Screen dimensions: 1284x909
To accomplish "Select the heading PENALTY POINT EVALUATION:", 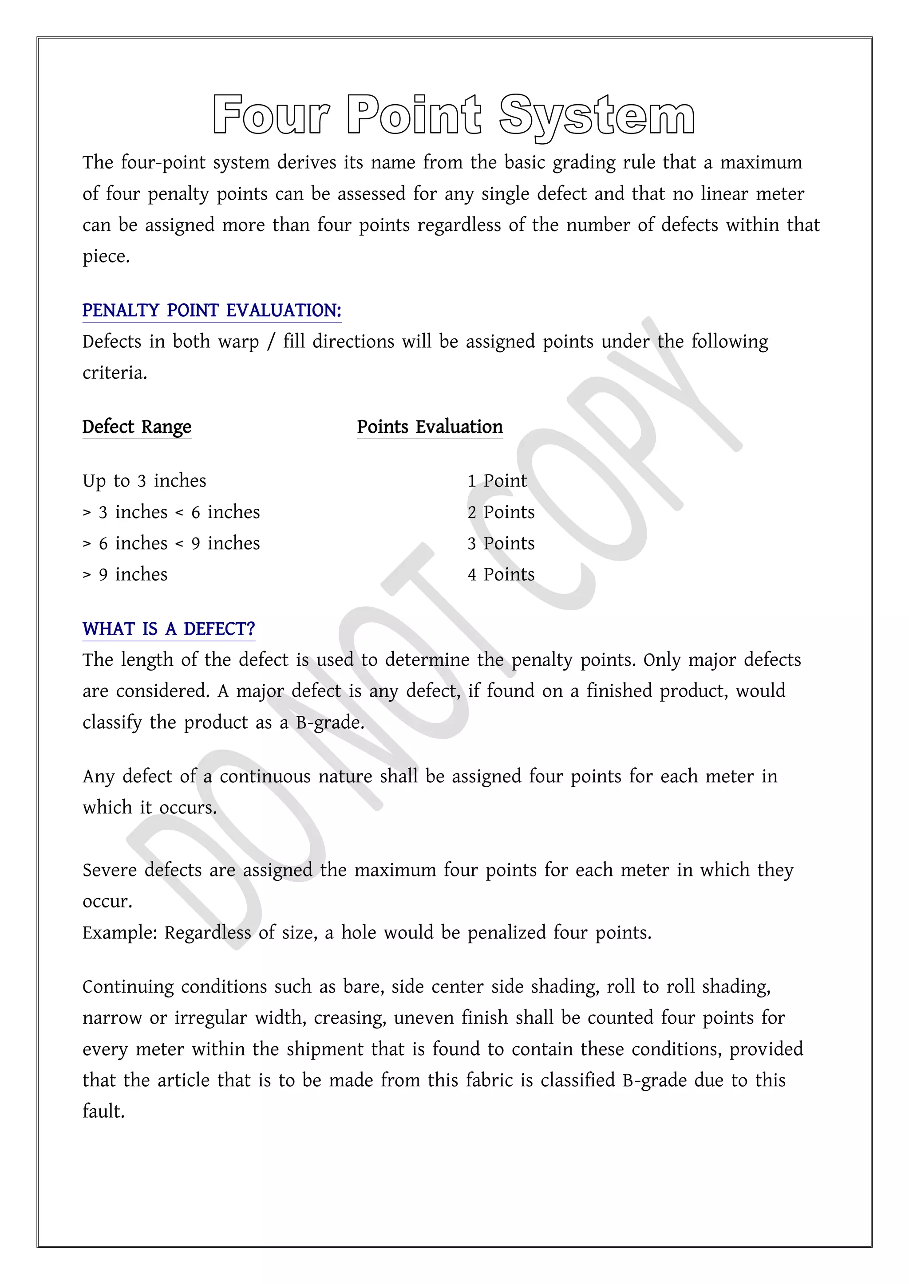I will click(212, 310).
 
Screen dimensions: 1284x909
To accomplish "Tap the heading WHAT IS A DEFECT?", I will click(169, 629).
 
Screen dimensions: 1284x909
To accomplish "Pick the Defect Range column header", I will click(137, 427).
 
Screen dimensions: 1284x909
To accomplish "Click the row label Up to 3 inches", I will click(144, 481).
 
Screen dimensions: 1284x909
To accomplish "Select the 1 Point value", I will click(497, 481).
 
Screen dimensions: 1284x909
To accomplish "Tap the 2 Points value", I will click(501, 512).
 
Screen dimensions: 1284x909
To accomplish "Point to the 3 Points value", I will click(501, 544).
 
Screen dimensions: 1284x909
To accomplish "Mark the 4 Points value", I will click(501, 575).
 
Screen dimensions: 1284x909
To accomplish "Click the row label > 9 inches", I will click(125, 575).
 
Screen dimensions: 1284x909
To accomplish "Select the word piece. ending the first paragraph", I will click(106, 257).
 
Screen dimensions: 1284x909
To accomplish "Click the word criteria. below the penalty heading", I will click(115, 373).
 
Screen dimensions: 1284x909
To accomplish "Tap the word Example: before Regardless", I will click(120, 933).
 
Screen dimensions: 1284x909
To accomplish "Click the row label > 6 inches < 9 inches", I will click(171, 544).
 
